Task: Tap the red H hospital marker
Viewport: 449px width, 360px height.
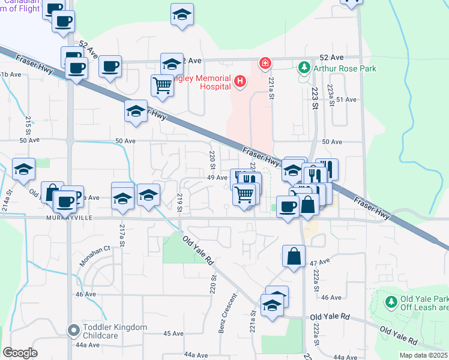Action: pos(240,81)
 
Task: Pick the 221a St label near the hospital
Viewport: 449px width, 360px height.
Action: pos(271,88)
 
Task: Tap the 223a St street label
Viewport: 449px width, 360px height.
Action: pos(330,94)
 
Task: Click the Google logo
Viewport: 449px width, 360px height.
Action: pos(20,352)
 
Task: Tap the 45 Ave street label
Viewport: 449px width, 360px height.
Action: pos(173,334)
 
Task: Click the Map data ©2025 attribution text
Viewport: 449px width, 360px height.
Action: pos(423,355)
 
